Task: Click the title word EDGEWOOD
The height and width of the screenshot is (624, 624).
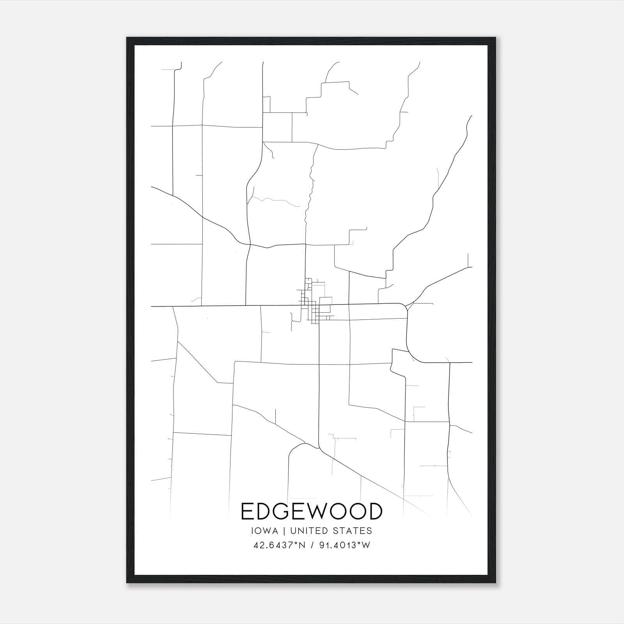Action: (x=312, y=511)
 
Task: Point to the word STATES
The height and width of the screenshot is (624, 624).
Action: (x=352, y=531)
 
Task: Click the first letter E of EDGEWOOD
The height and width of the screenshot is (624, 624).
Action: (x=247, y=511)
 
